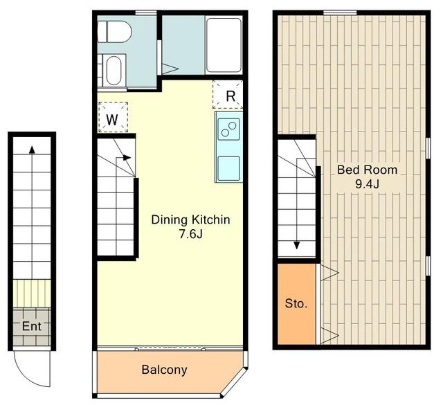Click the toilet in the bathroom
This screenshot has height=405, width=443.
pos(114,32)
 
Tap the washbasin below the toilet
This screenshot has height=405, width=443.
pos(114,70)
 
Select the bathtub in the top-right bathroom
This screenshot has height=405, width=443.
pos(224,45)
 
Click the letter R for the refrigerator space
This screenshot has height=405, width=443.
pos(230,96)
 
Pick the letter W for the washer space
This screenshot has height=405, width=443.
pos(112,120)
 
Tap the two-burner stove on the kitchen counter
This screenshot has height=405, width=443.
pos(229,129)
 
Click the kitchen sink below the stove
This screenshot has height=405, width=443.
pos(229,168)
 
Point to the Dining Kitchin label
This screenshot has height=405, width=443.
pos(191,220)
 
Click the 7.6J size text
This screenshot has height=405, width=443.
pos(191,234)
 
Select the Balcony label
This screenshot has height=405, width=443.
pos(165,370)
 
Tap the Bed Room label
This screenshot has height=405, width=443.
pos(368,170)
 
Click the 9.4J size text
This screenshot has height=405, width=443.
pos(367,184)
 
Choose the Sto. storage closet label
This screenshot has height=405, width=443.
pos(296,303)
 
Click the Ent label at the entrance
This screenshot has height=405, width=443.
pos(32,327)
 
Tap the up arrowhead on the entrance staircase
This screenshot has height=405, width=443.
pos(32,150)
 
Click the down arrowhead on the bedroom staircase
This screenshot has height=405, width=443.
pos(297,245)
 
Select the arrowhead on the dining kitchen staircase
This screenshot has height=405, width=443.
pos(127,157)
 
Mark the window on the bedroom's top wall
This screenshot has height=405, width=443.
pos(340,12)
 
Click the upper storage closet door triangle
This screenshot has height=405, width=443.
pos(329,273)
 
